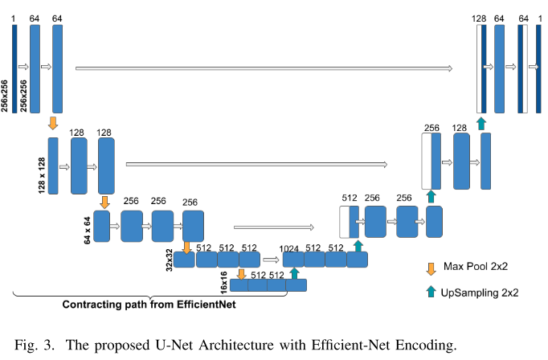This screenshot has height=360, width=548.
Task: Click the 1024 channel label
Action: coord(289,248)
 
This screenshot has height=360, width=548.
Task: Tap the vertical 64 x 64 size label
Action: coord(86,224)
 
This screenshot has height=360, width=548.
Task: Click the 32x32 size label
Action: coord(170,259)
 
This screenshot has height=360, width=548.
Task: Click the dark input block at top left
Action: coord(14,68)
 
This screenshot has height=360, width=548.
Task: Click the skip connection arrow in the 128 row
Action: coord(257,165)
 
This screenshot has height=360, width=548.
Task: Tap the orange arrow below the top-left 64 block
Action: coord(54,122)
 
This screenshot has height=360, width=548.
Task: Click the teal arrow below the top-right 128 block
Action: coord(481,122)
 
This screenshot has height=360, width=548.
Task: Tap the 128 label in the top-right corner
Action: coord(481,18)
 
